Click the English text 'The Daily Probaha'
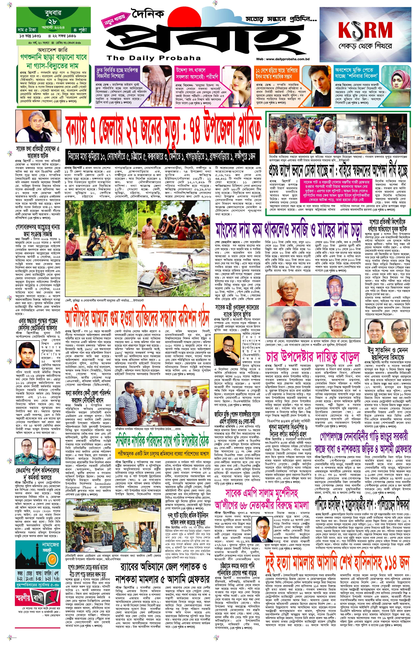point(153,58)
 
